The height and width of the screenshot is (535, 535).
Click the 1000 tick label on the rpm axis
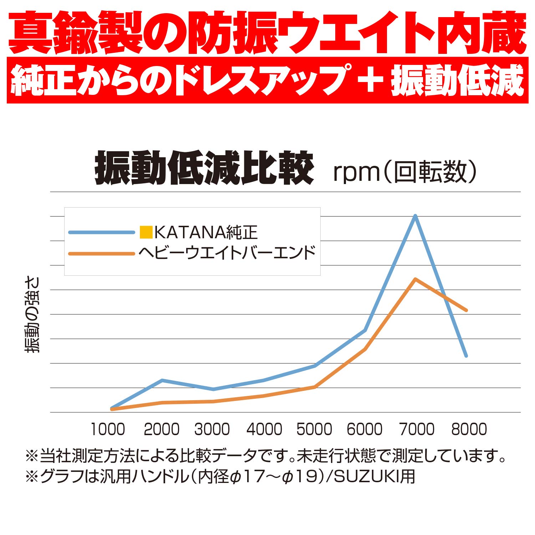108,429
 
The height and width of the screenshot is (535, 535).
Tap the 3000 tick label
212,429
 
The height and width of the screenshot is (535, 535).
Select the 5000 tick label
314,429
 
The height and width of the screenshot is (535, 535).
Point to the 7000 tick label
417,429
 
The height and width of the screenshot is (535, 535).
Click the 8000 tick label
469,429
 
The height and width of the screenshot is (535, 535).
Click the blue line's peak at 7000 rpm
415,216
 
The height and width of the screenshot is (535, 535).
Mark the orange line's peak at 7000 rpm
415,279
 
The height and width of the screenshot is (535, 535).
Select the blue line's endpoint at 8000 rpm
466,356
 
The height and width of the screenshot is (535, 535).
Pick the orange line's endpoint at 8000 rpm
466,310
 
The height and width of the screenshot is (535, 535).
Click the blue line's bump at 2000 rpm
162,380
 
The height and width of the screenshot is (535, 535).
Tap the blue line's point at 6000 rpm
365,330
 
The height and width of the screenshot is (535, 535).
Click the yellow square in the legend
146,233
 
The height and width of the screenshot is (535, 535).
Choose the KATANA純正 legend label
206,233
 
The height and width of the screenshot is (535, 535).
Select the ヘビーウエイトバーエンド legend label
227,253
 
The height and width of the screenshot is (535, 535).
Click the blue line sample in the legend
101,233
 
